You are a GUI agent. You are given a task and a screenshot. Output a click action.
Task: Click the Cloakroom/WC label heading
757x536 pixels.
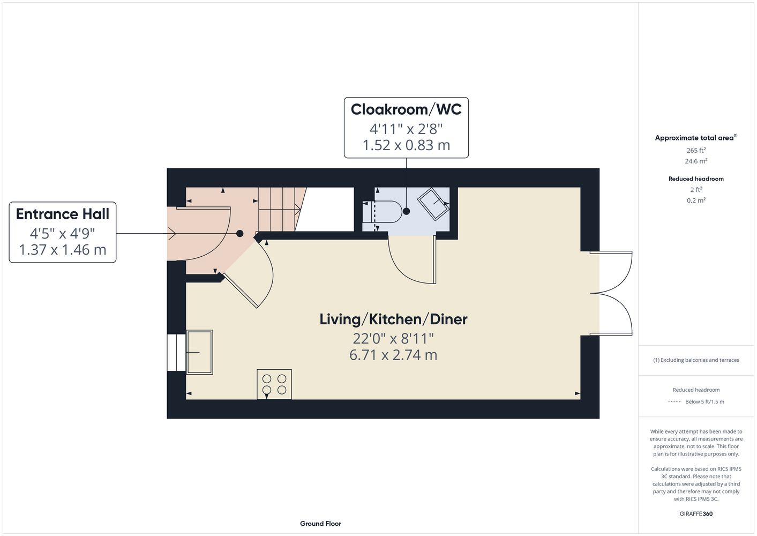pos(406,109)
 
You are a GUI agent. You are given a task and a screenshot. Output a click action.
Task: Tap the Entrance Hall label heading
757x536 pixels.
pos(63,214)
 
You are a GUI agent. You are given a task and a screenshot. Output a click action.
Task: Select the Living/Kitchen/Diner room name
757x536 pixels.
pos(393,319)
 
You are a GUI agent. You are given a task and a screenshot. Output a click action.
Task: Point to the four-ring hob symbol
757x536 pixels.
pos(274,384)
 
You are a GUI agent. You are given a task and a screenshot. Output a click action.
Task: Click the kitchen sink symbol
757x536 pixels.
pos(199,352)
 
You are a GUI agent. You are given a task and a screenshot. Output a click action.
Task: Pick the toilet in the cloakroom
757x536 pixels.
pos(382,212)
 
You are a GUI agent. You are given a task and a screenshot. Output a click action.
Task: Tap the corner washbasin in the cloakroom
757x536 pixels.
pos(433,204)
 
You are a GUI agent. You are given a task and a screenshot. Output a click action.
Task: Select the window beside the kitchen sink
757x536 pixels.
pos(176,352)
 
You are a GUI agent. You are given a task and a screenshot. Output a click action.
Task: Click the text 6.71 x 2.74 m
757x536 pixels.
pos(393,355)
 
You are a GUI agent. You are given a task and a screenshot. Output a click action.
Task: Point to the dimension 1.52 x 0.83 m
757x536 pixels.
pos(406,145)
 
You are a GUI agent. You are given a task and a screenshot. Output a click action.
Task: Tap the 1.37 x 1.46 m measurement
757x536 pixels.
pos(63,250)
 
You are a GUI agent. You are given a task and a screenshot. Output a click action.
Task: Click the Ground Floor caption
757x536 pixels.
pos(320,524)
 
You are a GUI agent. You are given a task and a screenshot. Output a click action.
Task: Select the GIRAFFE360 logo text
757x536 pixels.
pos(696,513)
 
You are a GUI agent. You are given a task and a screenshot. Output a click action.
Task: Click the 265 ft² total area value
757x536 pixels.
pos(696,150)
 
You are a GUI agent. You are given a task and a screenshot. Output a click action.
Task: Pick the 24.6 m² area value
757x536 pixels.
pos(696,161)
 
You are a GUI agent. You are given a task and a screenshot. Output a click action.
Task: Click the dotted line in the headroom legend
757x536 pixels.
pos(674,402)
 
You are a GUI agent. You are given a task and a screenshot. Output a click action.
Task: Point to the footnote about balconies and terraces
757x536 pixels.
pos(696,360)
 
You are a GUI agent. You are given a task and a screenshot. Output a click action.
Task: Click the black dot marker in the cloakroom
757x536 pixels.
pos(407,211)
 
